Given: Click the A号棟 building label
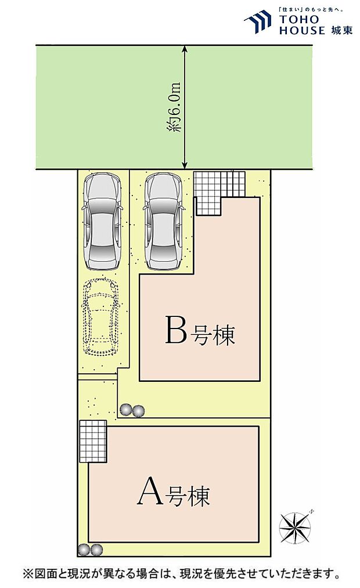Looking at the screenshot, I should (x=173, y=493).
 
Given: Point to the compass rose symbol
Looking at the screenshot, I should (x=296, y=527).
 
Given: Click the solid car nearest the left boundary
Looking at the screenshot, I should (x=103, y=222).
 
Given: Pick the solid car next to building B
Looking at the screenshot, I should (x=164, y=222).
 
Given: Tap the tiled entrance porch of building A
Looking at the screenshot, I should (x=93, y=441).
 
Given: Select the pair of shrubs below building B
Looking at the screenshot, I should (x=132, y=410).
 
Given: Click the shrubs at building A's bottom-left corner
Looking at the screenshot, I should (x=90, y=549).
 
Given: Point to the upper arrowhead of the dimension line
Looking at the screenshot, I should (x=185, y=50).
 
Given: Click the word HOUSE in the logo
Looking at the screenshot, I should (x=302, y=31).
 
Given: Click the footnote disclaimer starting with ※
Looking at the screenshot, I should (x=180, y=574).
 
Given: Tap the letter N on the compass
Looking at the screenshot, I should (x=312, y=511).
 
